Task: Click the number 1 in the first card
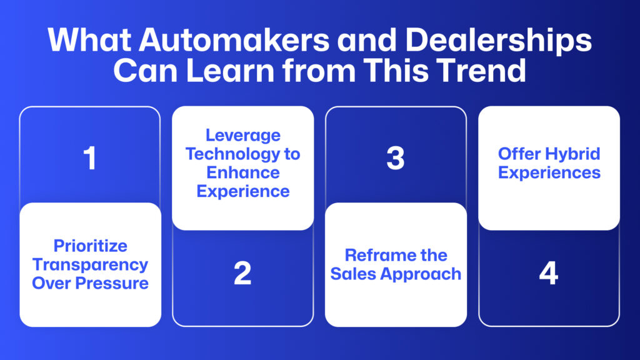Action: tap(90, 158)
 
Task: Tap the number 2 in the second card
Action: tap(242, 272)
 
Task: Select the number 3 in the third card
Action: tap(396, 158)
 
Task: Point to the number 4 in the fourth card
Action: tap(549, 272)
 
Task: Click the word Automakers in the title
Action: tap(234, 40)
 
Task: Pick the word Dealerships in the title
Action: tap(498, 40)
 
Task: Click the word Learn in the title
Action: tap(231, 71)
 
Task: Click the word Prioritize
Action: tap(90, 246)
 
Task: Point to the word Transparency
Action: tap(90, 264)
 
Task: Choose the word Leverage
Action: tap(243, 135)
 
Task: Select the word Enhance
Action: tap(243, 172)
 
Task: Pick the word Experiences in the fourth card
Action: tap(549, 172)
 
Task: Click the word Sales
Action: tap(353, 274)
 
